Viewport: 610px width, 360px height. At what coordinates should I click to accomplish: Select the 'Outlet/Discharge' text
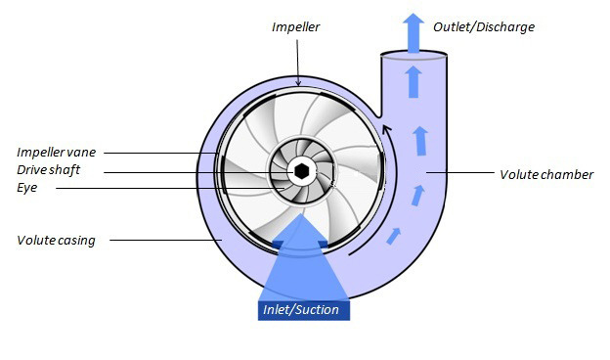point(484,26)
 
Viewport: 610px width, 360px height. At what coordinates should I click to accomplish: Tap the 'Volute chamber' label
point(545,175)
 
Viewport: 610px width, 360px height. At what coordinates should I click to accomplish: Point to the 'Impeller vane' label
point(57,152)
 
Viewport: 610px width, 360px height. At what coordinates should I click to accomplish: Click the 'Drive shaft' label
point(48,170)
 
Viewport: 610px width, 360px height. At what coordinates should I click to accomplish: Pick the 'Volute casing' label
point(56,240)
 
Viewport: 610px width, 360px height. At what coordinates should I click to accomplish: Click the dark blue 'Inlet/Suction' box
point(300,310)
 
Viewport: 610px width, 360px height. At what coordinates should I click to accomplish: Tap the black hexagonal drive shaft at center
point(302,172)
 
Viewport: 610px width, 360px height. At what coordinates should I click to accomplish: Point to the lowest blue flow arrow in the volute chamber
point(395,235)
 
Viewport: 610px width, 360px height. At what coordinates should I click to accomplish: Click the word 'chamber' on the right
point(570,175)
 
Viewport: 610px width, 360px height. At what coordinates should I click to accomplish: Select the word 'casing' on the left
point(75,240)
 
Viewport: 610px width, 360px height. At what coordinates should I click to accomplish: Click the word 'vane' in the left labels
point(83,152)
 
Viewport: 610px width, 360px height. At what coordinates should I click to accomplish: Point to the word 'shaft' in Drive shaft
point(64,170)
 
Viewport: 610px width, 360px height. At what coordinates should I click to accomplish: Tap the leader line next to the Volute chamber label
point(458,174)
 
